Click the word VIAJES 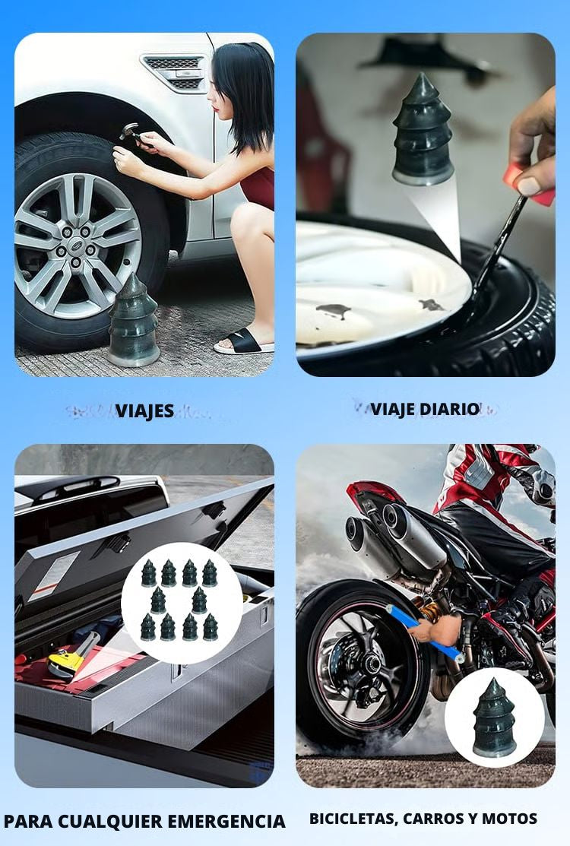144,411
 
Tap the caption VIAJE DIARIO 425,409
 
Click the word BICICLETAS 352,819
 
